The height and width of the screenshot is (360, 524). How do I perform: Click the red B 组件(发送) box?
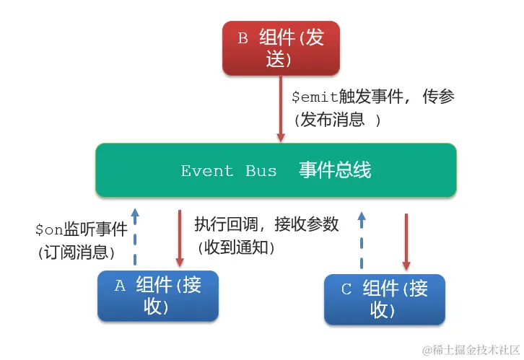click(280, 48)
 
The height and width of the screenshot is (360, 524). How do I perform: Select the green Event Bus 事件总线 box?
click(276, 170)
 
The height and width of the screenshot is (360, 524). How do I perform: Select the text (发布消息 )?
click(336, 120)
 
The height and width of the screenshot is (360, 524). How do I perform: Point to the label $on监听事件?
click(81, 230)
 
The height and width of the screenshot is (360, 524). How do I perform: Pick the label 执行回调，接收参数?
click(266, 224)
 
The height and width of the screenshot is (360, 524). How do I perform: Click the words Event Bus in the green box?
click(228, 171)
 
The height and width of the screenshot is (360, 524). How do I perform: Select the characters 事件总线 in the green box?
click(335, 170)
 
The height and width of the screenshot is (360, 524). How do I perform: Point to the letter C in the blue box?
click(346, 289)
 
